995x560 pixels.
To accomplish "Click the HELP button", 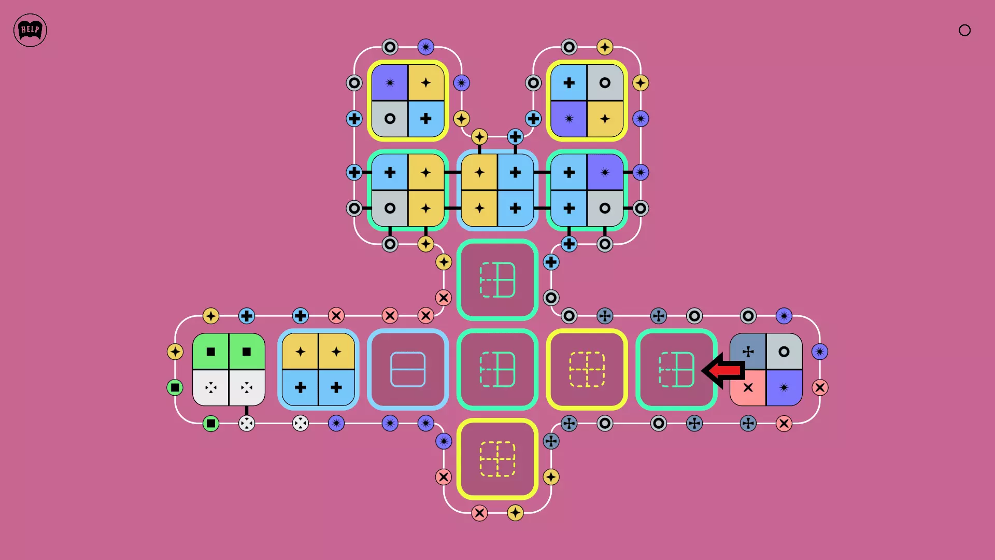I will pyautogui.click(x=30, y=30).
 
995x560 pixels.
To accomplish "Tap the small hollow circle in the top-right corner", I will pyautogui.click(x=964, y=30).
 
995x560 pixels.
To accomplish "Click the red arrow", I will pyautogui.click(x=724, y=370).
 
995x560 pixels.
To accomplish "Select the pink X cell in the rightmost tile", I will pyautogui.click(x=748, y=387).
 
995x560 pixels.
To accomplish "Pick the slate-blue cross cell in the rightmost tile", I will pyautogui.click(x=748, y=352).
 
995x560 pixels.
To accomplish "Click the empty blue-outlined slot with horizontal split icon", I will pyautogui.click(x=408, y=369).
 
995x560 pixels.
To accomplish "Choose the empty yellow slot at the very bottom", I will pyautogui.click(x=497, y=459).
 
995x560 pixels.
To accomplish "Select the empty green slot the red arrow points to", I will pyautogui.click(x=676, y=369).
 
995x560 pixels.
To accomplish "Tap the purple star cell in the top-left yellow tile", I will pyautogui.click(x=390, y=82).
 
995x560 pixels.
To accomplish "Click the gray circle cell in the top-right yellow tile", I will pyautogui.click(x=605, y=82).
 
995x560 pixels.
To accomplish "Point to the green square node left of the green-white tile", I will pyautogui.click(x=175, y=387).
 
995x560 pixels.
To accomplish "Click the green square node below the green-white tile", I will pyautogui.click(x=211, y=424).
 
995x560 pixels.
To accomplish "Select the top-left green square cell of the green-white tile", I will pyautogui.click(x=211, y=352).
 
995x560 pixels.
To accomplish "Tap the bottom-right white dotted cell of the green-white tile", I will pyautogui.click(x=247, y=387).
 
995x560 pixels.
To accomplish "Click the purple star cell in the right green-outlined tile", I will pyautogui.click(x=605, y=172).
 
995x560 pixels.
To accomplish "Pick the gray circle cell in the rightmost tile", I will pyautogui.click(x=784, y=352).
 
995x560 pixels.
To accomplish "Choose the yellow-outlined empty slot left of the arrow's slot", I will pyautogui.click(x=587, y=369).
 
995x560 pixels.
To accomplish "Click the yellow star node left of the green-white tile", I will pyautogui.click(x=175, y=352).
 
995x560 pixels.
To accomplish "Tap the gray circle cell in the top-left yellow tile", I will pyautogui.click(x=390, y=119).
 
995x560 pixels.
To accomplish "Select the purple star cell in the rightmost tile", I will pyautogui.click(x=784, y=387).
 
